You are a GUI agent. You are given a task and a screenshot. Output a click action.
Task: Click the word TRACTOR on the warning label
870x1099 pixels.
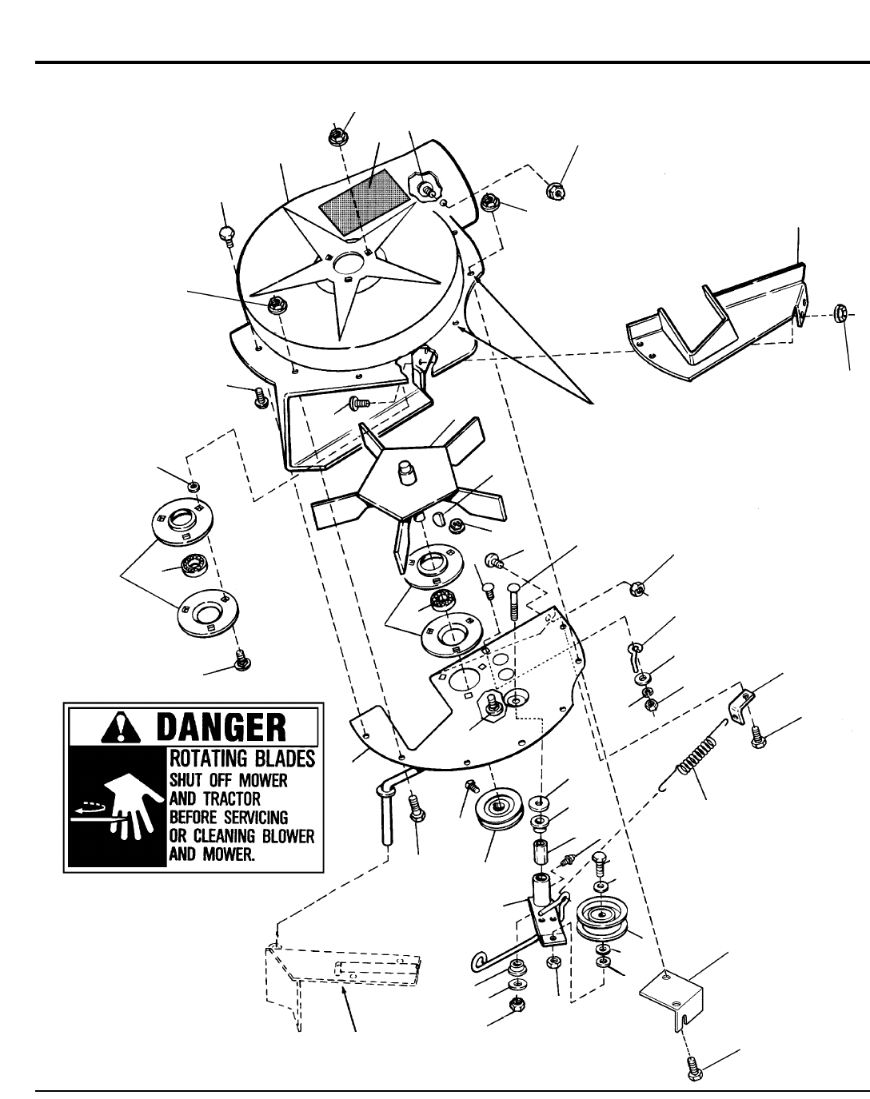[220, 798]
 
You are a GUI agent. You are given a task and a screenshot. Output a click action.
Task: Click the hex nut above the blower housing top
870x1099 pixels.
[337, 137]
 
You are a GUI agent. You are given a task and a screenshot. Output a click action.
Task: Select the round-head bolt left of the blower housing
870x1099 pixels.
[225, 234]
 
